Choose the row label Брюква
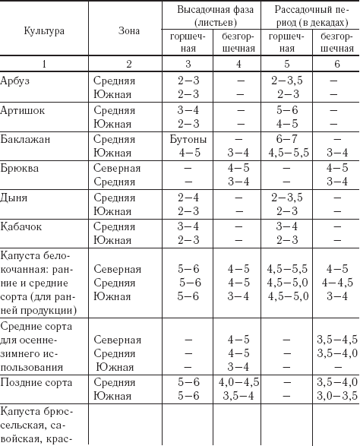(20, 168)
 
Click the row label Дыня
(14, 197)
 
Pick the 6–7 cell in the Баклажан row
(286, 139)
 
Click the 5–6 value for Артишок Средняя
(286, 109)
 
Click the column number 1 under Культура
(43, 62)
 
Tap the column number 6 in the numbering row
(334, 62)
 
